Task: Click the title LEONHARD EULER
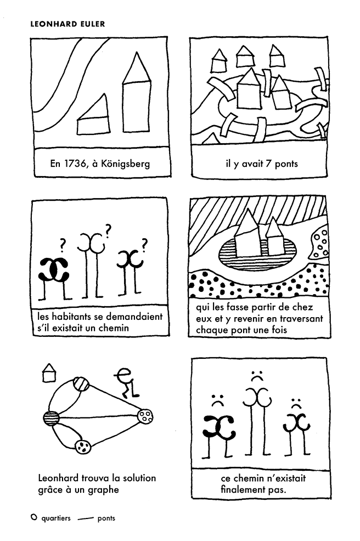(67, 24)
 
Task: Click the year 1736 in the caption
(75, 163)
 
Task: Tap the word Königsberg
(126, 164)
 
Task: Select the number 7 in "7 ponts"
(268, 163)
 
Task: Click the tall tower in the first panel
(136, 93)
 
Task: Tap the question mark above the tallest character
(108, 231)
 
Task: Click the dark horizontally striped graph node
(52, 418)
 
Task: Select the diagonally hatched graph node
(81, 384)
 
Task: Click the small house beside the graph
(49, 373)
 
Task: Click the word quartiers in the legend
(56, 518)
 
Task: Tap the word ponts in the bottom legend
(106, 519)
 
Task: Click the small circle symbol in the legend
(33, 517)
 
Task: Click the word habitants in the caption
(72, 316)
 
